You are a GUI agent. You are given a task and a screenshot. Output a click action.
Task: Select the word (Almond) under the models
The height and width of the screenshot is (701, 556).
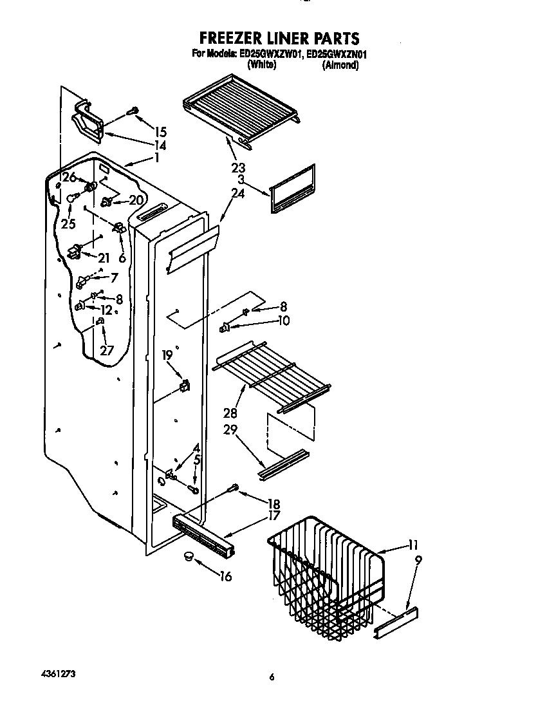340,65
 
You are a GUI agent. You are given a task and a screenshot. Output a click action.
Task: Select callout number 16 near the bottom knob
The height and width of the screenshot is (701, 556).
225,576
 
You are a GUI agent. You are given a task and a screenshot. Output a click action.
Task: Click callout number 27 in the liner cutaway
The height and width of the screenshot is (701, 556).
106,350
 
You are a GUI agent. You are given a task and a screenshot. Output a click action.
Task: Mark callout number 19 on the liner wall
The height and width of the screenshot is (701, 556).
167,355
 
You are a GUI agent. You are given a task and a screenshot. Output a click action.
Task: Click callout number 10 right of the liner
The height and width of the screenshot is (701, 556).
283,320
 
